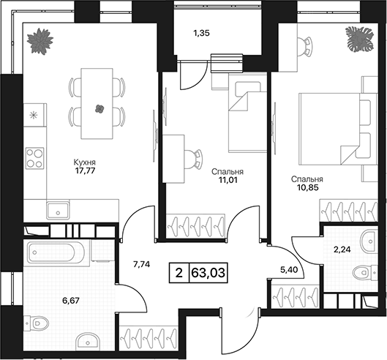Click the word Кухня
84,162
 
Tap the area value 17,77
84,170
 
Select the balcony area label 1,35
202,33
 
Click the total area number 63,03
208,273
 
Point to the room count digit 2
179,273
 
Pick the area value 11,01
228,180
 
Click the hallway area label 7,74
142,264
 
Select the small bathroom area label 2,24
342,250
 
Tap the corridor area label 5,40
289,270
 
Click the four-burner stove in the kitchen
35,158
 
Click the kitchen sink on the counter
58,211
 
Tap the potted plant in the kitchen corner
40,41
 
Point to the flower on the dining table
99,108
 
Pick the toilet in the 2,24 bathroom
365,272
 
